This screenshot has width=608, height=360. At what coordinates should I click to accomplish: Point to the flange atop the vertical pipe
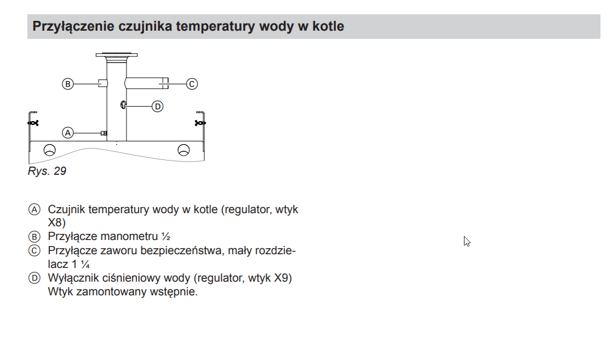point(116,55)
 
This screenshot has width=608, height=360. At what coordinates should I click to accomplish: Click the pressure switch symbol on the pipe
point(123,105)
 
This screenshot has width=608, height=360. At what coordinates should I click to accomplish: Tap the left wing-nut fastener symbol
point(33,123)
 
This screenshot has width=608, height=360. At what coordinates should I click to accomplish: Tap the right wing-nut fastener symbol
point(200,123)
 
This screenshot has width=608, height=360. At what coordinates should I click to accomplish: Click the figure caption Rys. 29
point(47,171)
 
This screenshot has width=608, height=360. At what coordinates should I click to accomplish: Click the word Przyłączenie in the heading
point(73,26)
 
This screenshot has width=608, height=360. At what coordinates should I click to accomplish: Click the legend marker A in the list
point(35,210)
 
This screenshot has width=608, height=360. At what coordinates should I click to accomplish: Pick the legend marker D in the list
point(35,278)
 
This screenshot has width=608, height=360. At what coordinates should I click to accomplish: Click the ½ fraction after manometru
point(166,236)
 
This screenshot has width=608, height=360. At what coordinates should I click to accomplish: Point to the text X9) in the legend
point(283,278)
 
